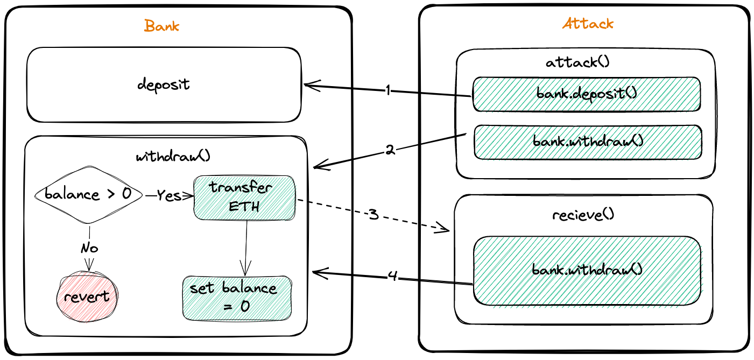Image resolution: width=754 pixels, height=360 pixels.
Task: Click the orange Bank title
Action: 161,26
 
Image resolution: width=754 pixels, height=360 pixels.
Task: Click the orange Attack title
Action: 587,24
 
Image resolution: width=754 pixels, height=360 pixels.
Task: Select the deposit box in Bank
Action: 164,85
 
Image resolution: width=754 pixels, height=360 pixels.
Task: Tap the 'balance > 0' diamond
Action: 88,195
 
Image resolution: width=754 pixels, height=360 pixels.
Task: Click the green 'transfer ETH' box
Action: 244,197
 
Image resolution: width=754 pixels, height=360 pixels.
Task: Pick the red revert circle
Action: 87,297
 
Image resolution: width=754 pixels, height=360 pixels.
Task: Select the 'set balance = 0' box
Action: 237,298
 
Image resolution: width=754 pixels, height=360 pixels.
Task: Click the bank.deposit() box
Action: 586,94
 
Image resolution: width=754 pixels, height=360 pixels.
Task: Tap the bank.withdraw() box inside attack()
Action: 588,142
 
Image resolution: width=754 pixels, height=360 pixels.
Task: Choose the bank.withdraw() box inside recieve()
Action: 587,270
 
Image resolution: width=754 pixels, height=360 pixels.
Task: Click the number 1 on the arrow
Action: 387,90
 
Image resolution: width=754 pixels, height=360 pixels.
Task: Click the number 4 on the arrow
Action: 393,277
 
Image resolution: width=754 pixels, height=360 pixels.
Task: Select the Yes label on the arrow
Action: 169,196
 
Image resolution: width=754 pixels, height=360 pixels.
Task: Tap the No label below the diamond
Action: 89,248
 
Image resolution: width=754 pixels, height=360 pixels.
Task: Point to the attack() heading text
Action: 577,62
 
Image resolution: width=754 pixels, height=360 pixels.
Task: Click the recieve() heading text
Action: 583,215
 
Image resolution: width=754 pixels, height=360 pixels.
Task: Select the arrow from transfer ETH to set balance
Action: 246,248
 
